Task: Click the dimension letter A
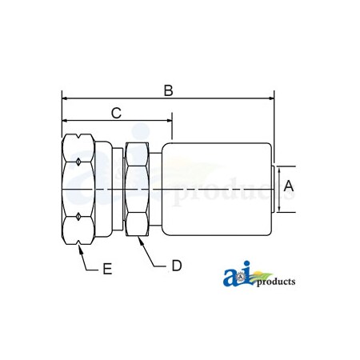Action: (290, 186)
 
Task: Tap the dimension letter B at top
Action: (169, 90)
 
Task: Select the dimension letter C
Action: (116, 113)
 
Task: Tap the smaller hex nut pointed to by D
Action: (137, 190)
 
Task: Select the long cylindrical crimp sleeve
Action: (216, 190)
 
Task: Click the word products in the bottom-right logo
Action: (277, 282)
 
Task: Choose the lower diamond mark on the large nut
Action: (76, 216)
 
